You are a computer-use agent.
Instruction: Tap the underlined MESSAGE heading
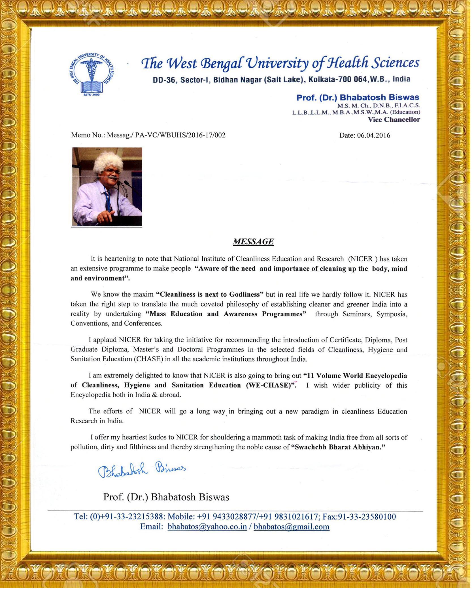point(253,242)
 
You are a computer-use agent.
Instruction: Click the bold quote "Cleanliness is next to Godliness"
point(210,294)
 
